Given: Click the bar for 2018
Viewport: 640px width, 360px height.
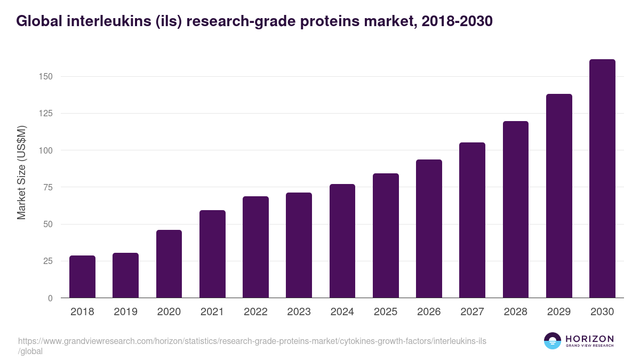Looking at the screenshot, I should [82, 277].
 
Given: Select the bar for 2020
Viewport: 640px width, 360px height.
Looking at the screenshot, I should [169, 264].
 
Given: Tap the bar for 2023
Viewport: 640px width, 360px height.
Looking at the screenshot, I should [299, 245].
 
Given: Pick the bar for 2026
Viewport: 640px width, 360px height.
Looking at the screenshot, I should [429, 229].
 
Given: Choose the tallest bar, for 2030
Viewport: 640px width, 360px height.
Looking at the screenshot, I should [602, 179].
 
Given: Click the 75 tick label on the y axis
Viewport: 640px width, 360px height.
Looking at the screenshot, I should [48, 187].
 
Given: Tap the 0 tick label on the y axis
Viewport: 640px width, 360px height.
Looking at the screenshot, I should [50, 298].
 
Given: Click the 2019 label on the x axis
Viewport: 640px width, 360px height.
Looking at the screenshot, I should [125, 312].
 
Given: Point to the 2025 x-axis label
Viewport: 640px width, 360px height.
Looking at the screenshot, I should [386, 312].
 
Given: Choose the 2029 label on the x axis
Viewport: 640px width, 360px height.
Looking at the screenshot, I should [559, 312].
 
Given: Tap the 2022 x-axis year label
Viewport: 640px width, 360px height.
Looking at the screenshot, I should [255, 312].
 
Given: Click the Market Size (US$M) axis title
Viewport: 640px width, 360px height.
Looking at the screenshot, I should [21, 172].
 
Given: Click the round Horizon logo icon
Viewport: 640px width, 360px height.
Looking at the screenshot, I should [553, 341].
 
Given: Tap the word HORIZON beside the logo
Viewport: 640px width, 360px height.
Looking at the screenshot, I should [589, 339].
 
